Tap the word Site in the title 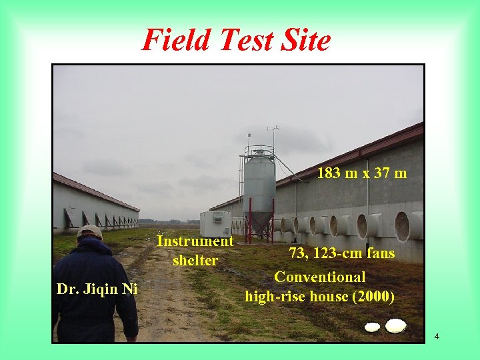pyautogui.click(x=305, y=40)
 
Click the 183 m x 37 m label pyautogui.click(x=362, y=173)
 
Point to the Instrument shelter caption pyautogui.click(x=195, y=251)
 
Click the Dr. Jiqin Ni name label pyautogui.click(x=97, y=289)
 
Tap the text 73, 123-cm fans pyautogui.click(x=341, y=253)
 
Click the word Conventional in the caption pyautogui.click(x=320, y=277)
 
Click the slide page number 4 pyautogui.click(x=437, y=336)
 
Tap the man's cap pyautogui.click(x=89, y=231)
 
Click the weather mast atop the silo pyautogui.click(x=273, y=133)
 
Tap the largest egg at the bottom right pyautogui.click(x=396, y=325)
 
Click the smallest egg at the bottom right pyautogui.click(x=373, y=327)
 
